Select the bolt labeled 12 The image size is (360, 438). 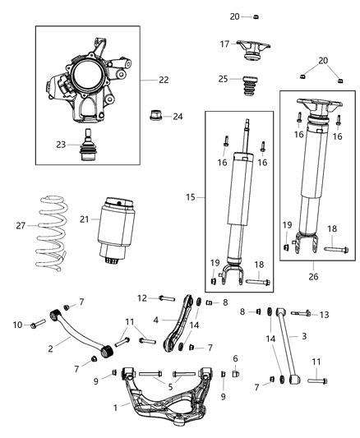163,297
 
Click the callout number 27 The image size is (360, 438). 21,224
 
